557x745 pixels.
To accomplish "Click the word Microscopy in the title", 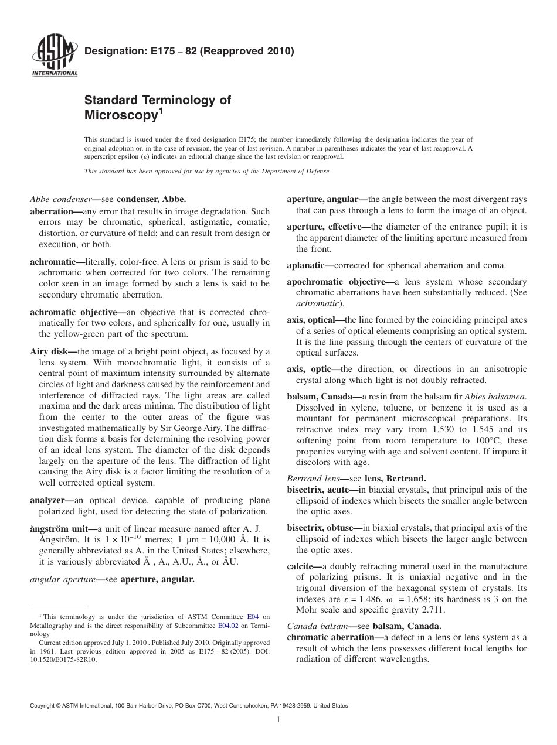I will [x=120, y=115].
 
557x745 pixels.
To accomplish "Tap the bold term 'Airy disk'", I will [x=50, y=352].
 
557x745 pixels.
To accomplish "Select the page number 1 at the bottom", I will [x=278, y=720].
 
